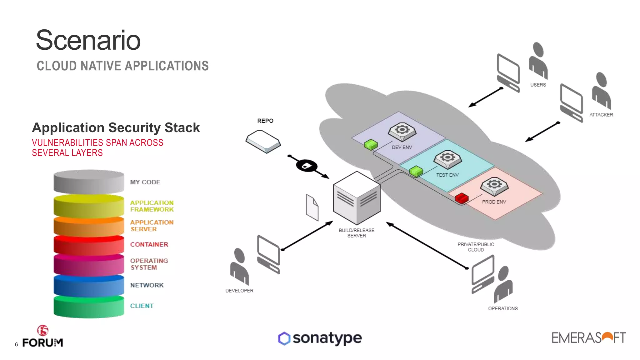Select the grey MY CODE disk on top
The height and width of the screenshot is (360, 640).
[x=89, y=182]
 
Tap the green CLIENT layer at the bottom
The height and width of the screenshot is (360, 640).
[x=89, y=307]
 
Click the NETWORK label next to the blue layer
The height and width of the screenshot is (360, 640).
[x=147, y=285]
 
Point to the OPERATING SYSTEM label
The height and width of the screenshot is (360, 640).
[x=149, y=264]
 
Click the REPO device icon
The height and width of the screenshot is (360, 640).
[x=263, y=142]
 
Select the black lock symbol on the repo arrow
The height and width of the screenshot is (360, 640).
[x=307, y=166]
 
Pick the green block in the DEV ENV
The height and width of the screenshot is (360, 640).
[x=371, y=144]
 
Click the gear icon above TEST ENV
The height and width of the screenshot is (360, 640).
[x=447, y=158]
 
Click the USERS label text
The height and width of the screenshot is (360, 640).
[x=538, y=85]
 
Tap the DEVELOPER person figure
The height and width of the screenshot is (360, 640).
[x=239, y=266]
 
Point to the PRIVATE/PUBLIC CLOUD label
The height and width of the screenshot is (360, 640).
[x=476, y=247]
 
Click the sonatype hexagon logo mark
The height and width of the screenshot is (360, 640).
[x=284, y=338]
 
